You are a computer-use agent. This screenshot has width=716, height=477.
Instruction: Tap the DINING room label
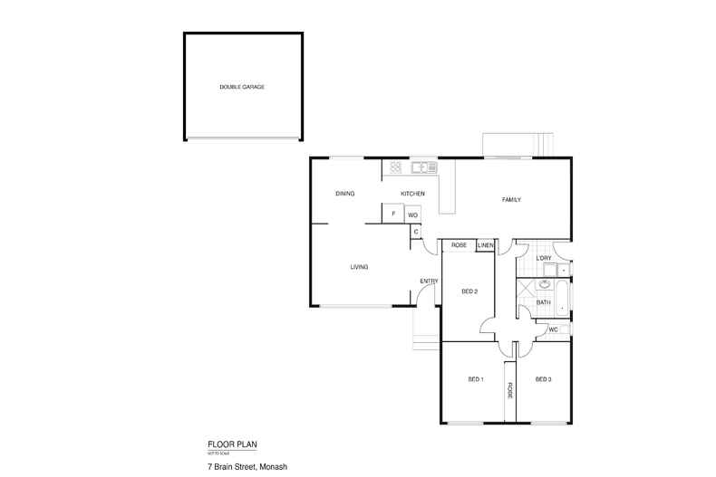click(344, 194)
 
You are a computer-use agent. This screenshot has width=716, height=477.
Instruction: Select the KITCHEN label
click(413, 194)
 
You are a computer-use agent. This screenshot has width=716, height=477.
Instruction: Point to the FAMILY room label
click(511, 200)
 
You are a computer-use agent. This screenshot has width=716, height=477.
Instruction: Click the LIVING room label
click(359, 267)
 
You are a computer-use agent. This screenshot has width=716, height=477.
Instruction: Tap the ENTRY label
click(429, 281)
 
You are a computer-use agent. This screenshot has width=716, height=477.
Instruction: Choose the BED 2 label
click(469, 291)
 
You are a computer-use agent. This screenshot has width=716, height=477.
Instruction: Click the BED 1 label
click(476, 378)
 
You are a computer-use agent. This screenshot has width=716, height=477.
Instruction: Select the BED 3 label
click(543, 378)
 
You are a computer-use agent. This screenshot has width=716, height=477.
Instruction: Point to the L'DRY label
click(544, 259)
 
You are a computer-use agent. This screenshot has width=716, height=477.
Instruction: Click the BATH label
click(544, 302)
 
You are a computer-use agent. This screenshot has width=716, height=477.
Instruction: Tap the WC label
click(553, 330)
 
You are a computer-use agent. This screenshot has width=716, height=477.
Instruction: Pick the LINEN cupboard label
click(485, 245)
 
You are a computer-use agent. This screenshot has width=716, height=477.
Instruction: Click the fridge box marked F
click(393, 215)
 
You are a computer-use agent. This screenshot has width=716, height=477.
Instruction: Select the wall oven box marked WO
click(412, 215)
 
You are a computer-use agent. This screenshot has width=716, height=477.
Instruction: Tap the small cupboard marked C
click(416, 232)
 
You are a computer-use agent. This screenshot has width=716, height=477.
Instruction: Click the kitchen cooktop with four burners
click(395, 167)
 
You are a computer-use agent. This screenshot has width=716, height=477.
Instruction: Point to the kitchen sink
click(421, 167)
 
